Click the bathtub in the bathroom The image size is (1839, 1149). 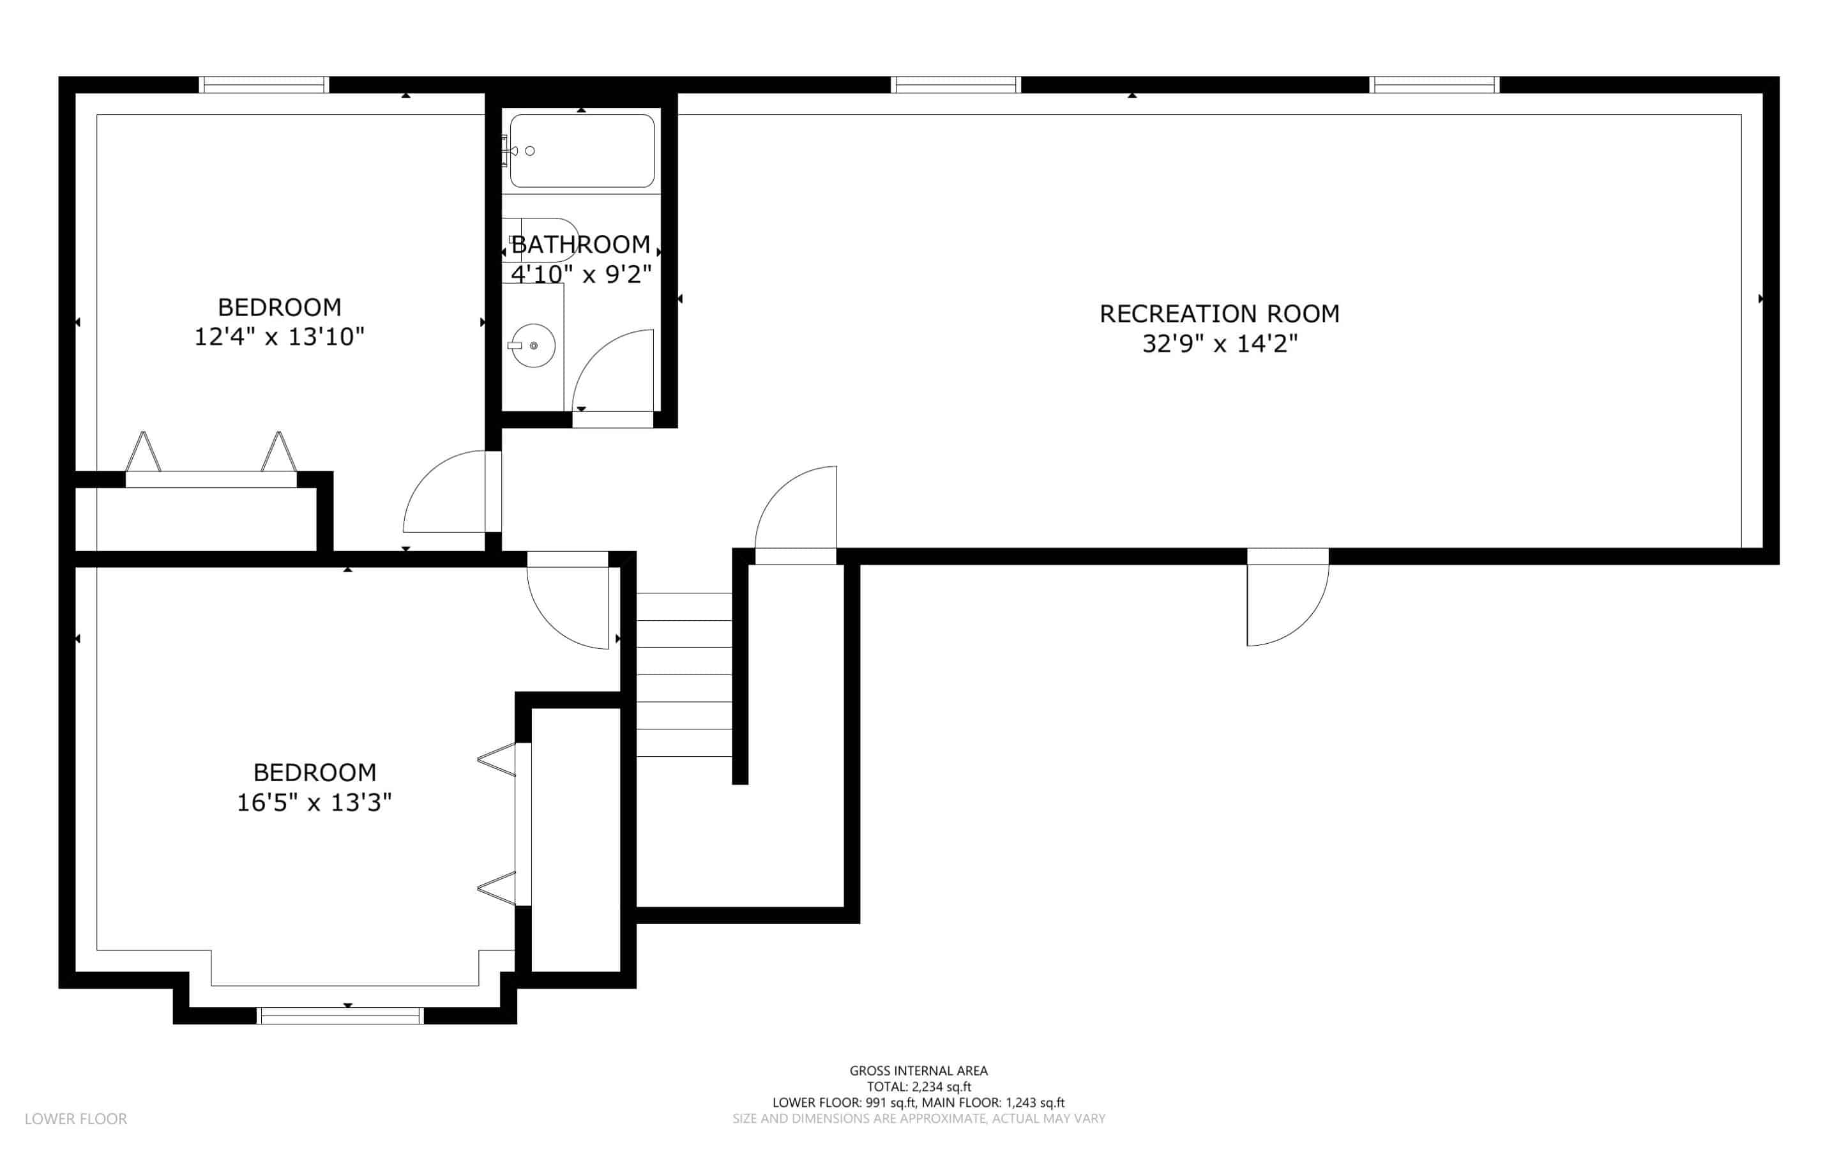click(582, 151)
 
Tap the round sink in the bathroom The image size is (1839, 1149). click(533, 346)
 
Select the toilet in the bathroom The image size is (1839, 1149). click(541, 240)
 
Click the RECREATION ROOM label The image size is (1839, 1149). click(1219, 314)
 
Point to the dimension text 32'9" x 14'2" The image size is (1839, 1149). click(1220, 344)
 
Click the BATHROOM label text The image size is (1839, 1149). click(581, 245)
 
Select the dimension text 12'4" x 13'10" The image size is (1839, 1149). click(280, 337)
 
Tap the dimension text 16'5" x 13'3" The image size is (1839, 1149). click(314, 802)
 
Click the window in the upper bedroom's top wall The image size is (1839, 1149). click(264, 84)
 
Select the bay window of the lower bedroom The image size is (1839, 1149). click(340, 1016)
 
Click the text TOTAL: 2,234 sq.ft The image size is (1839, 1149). click(919, 1086)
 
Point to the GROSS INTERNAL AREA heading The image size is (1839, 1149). click(919, 1070)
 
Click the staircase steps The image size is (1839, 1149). click(684, 675)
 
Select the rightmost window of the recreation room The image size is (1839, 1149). click(1434, 84)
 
